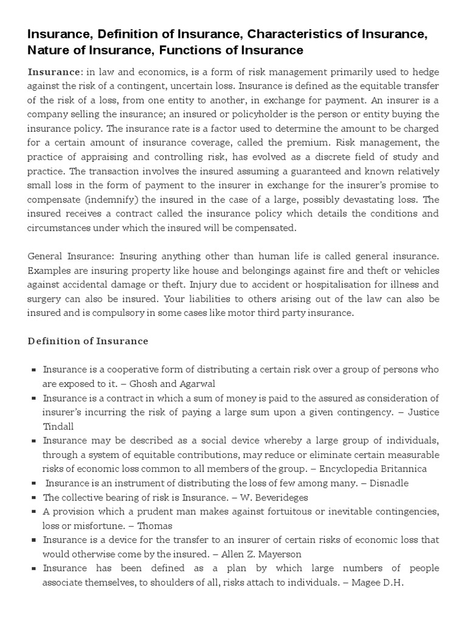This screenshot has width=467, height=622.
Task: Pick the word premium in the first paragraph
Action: (x=312, y=142)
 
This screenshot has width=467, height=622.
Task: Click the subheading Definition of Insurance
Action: (x=88, y=341)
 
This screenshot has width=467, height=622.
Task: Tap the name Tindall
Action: (x=58, y=426)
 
